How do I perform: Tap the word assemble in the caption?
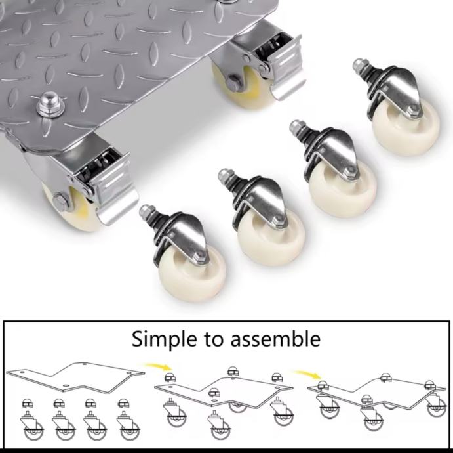click(275, 338)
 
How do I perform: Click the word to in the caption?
click(214, 339)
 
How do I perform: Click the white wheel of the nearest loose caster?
click(191, 272)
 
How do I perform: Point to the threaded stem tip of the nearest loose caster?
click(144, 210)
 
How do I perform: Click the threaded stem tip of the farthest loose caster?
click(359, 64)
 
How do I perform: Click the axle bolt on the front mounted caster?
click(60, 200)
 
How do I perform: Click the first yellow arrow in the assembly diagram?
click(159, 366)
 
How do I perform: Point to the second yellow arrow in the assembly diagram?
click(308, 374)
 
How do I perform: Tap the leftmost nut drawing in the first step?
click(28, 403)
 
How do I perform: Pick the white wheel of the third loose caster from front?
click(342, 186)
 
